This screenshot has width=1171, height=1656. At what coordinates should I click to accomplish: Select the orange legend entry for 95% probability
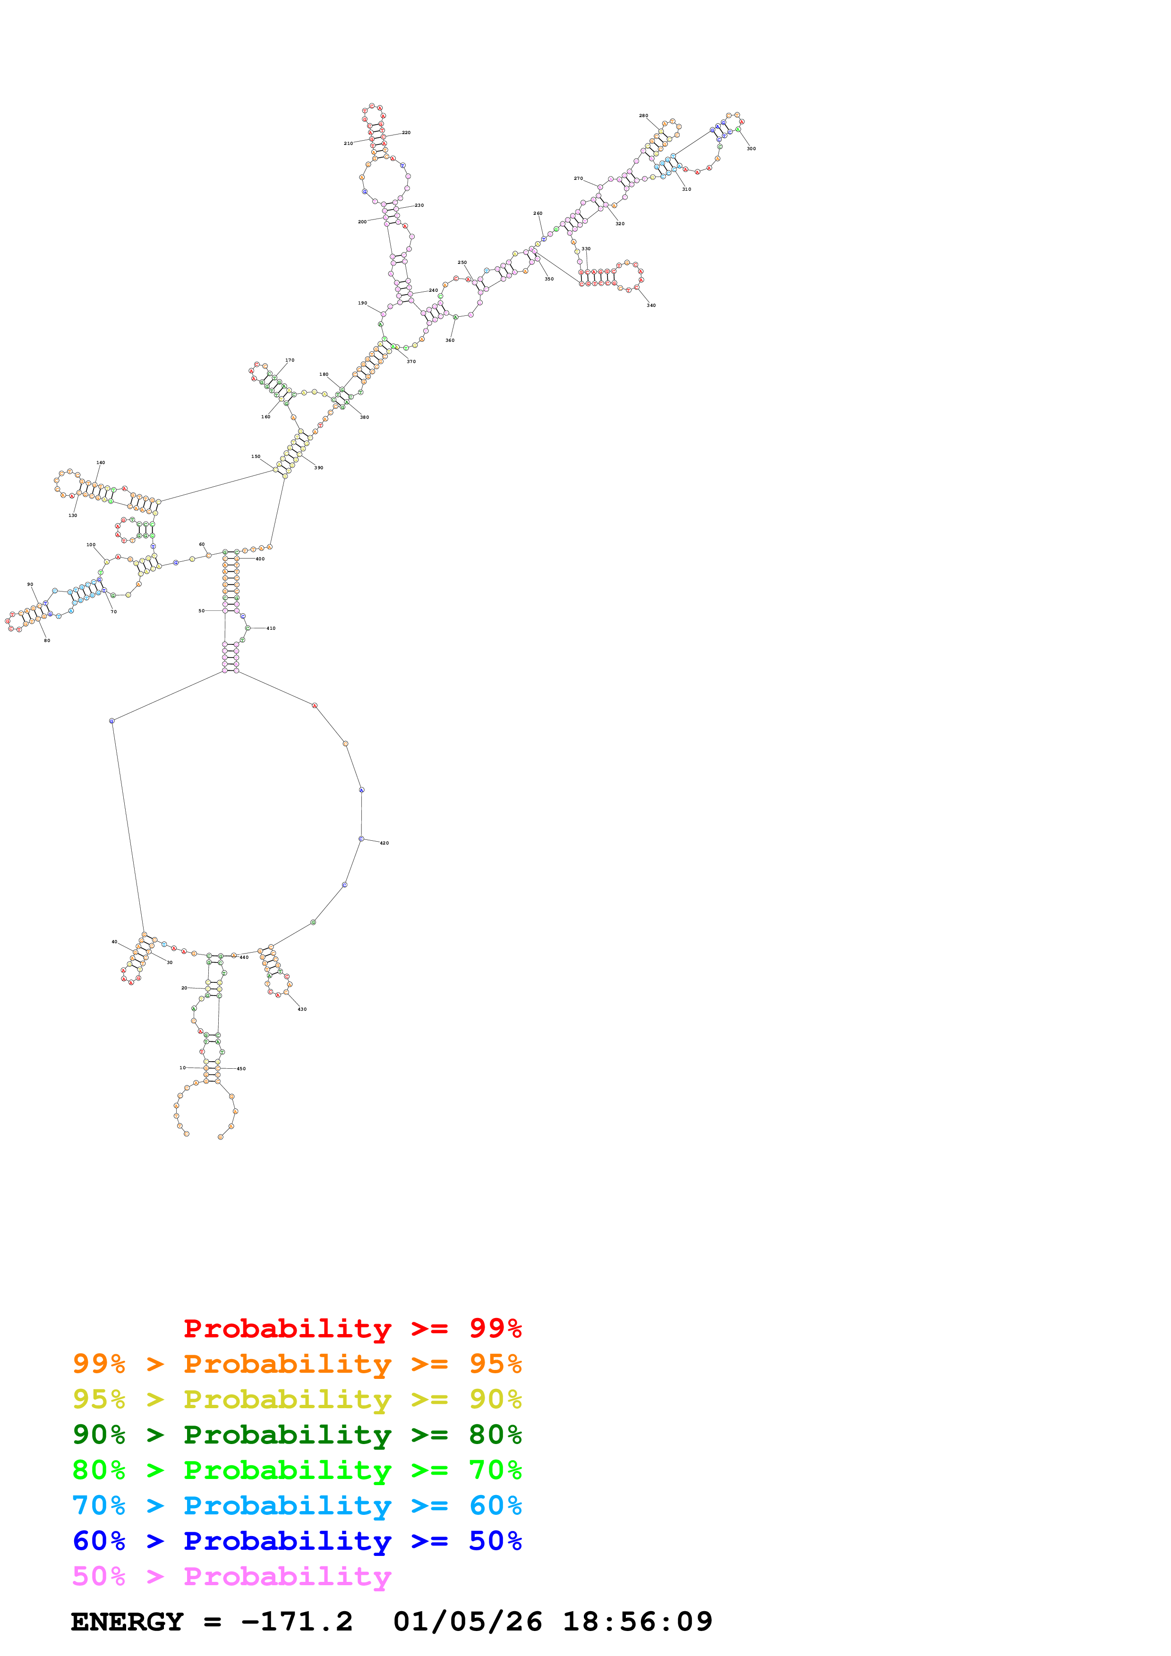(297, 1364)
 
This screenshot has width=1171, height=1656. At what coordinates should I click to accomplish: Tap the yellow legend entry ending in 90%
(297, 1399)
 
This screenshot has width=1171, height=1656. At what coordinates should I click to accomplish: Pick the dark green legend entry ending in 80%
(297, 1435)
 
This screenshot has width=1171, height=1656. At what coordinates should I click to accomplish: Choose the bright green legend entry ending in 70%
(297, 1470)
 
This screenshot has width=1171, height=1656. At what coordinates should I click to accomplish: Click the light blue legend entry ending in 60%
(297, 1505)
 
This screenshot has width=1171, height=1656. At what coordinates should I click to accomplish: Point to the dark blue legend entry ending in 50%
(297, 1541)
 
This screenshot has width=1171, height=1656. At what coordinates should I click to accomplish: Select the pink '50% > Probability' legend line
(231, 1576)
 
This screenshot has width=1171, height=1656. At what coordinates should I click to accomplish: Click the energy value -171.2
(297, 1622)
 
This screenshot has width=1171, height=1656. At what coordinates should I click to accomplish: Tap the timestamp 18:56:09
(637, 1622)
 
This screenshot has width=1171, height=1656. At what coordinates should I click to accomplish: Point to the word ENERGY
(127, 1622)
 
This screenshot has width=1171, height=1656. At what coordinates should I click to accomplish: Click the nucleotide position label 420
(385, 843)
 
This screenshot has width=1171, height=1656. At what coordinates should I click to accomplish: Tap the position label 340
(651, 305)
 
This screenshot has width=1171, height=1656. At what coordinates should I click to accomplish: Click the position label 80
(47, 641)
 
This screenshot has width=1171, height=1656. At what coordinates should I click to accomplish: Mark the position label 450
(241, 1068)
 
